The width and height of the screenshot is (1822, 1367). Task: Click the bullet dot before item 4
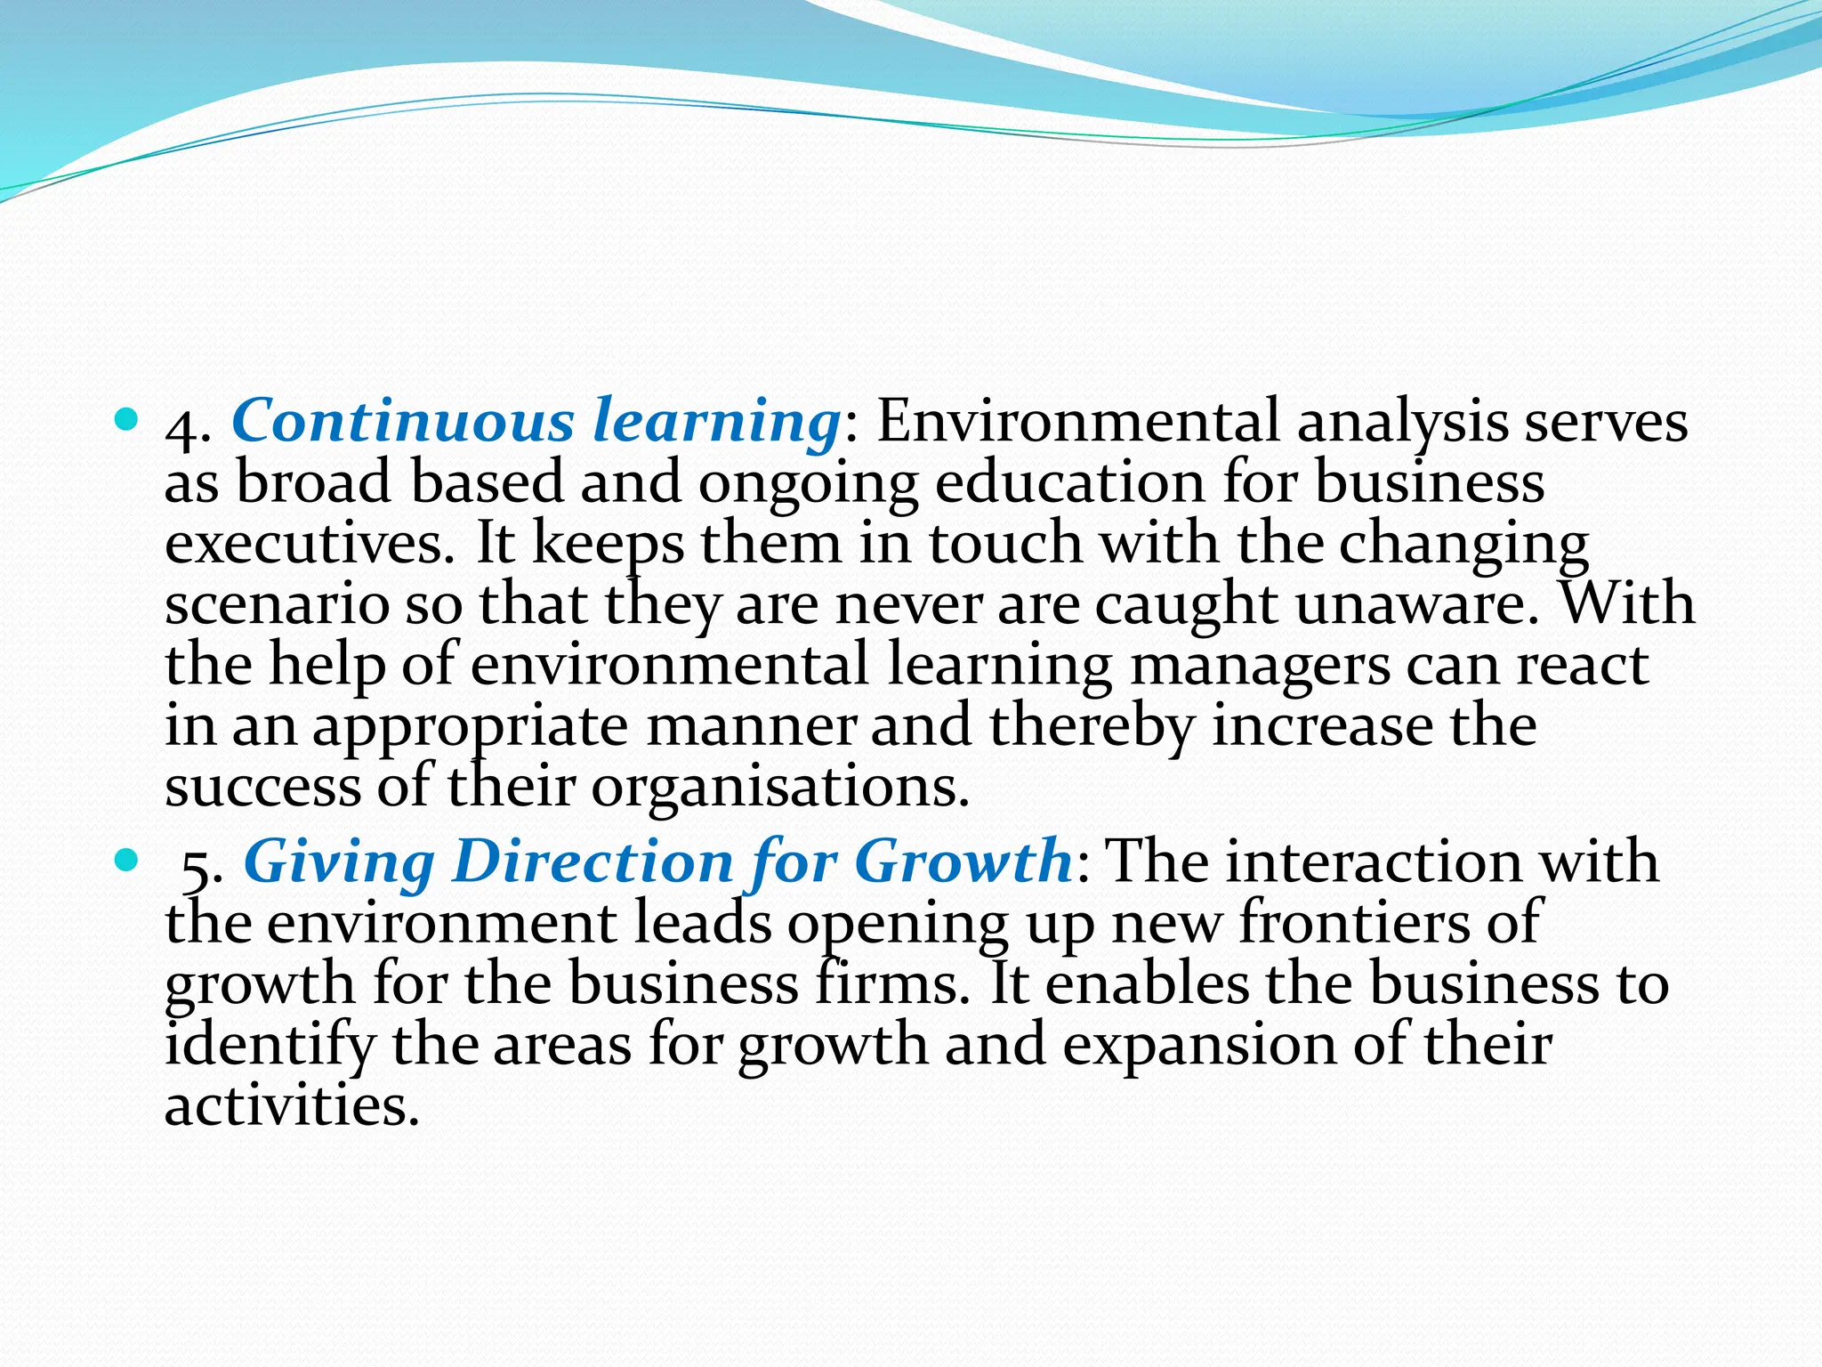coord(127,417)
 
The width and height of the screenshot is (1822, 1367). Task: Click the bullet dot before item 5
coord(127,859)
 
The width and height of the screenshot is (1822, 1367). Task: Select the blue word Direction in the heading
coord(593,861)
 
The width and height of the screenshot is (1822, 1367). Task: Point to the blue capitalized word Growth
coord(963,861)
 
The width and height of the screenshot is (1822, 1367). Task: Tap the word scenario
coord(277,605)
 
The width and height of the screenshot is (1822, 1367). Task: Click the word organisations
coord(779,787)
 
